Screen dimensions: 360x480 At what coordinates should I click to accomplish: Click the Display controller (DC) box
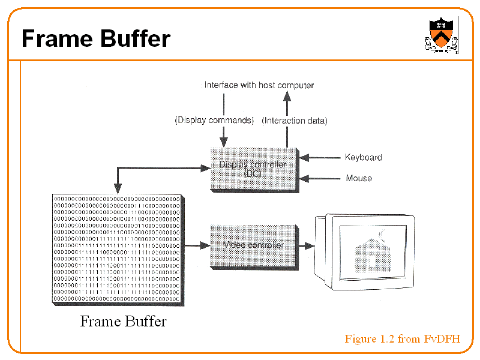point(254,169)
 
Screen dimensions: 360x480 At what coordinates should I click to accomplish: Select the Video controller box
point(253,245)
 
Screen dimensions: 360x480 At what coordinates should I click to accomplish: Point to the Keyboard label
point(363,158)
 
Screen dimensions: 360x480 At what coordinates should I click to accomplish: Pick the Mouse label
point(359,178)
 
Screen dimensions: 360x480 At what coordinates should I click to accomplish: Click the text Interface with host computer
point(259,85)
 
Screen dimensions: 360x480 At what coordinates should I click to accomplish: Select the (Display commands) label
point(214,120)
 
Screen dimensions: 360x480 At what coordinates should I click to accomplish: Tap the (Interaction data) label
point(295,121)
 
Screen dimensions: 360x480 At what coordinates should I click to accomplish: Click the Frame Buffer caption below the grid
point(123,321)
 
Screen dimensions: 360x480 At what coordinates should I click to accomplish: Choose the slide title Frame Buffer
point(96,39)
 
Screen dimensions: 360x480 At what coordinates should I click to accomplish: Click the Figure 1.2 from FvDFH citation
point(402,339)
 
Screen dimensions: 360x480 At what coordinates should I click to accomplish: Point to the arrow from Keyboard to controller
point(319,158)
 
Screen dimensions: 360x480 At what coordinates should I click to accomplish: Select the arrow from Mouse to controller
point(319,178)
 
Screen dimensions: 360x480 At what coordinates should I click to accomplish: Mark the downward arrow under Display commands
point(224,135)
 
